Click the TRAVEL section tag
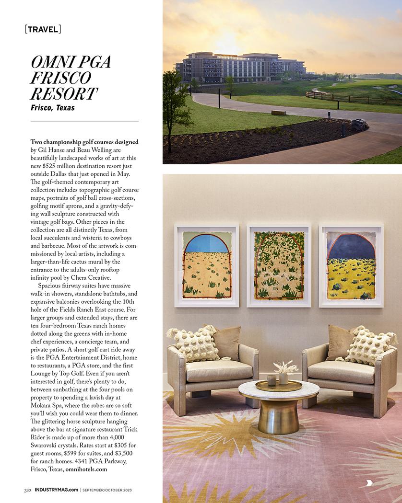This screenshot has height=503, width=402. pyautogui.click(x=43, y=29)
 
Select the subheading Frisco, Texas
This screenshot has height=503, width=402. pyautogui.click(x=53, y=108)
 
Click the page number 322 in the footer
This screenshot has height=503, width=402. pyautogui.click(x=28, y=490)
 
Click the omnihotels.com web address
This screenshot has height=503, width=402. pyautogui.click(x=86, y=469)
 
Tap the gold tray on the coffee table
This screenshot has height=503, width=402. pyautogui.click(x=278, y=385)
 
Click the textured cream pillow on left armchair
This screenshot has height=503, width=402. pyautogui.click(x=196, y=344)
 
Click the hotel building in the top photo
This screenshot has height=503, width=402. pyautogui.click(x=240, y=67)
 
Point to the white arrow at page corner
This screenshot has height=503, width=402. pyautogui.click(x=369, y=482)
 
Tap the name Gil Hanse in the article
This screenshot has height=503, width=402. pyautogui.click(x=52, y=150)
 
